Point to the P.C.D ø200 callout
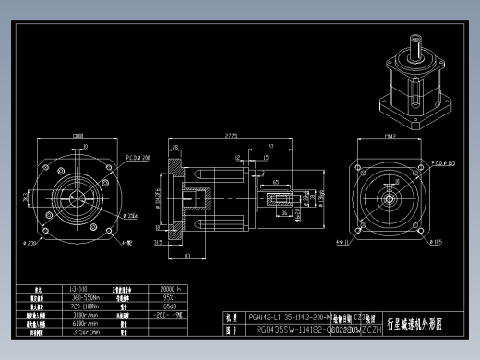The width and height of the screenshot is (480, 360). [140, 159]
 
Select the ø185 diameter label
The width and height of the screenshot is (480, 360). [435, 242]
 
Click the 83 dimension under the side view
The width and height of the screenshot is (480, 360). [187, 255]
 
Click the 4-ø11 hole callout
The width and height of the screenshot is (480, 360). [342, 242]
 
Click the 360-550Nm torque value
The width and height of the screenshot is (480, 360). [86, 297]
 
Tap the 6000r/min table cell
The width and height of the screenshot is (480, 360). [86, 324]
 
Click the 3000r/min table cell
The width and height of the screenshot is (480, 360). [86, 315]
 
